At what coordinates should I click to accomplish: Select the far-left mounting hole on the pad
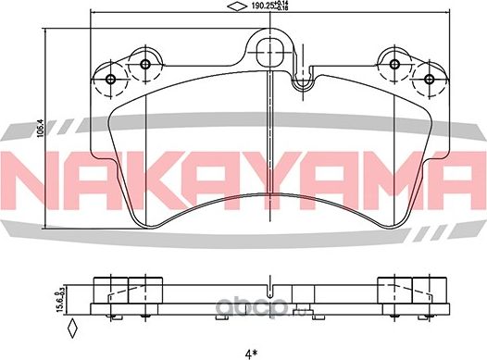(112, 78)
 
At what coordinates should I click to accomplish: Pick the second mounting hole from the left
(144, 64)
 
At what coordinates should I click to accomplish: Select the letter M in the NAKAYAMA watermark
(387, 175)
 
